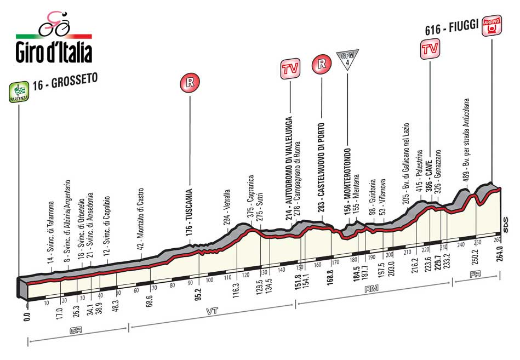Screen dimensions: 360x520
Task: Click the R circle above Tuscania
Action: click(x=190, y=84)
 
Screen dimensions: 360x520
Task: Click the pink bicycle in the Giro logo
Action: click(x=54, y=23)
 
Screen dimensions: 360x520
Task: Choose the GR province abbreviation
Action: click(x=77, y=330)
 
